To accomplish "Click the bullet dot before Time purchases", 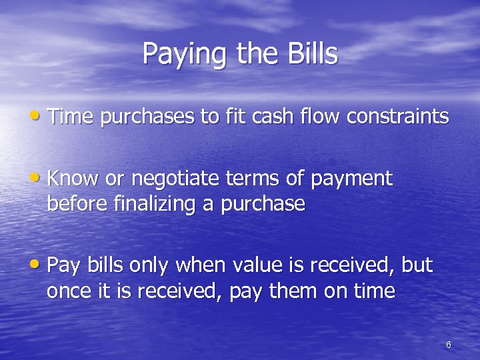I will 41,117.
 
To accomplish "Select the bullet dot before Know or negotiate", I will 41,178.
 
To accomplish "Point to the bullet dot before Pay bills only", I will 41,265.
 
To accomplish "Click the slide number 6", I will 448,345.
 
